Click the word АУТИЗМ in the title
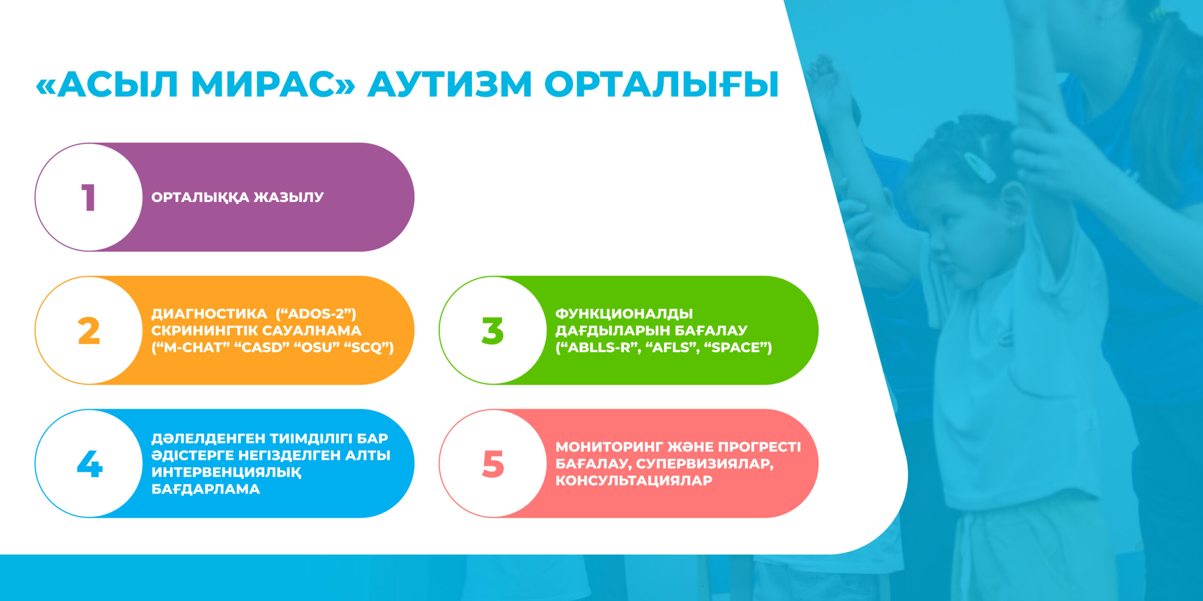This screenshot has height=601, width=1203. (x=449, y=85)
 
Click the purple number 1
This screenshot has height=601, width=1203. (x=88, y=198)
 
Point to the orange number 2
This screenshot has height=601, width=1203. (x=89, y=331)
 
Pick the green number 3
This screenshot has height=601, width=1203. (x=492, y=331)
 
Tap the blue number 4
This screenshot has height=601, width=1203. (x=89, y=464)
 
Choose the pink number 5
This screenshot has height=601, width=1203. (x=493, y=464)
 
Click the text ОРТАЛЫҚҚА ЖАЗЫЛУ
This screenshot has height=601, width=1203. (x=237, y=198)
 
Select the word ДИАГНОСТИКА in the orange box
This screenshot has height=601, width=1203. (x=209, y=314)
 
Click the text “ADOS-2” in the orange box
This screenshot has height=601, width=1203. (x=316, y=314)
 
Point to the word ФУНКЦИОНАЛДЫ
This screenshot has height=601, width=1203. (x=624, y=314)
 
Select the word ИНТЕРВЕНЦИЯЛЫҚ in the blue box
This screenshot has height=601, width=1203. (x=227, y=472)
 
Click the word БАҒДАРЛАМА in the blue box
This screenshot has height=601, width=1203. (x=205, y=489)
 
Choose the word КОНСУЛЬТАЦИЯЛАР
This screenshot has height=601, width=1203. (x=634, y=481)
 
